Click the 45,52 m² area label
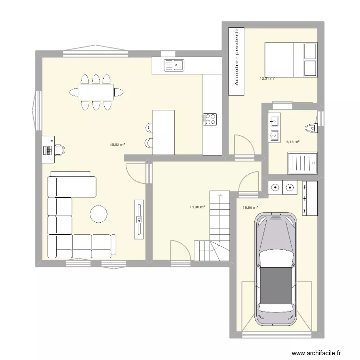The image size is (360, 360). (x=117, y=144)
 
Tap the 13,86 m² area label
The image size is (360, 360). (x=197, y=207)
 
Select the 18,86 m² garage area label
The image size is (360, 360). (x=251, y=208)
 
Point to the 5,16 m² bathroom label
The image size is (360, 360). (x=293, y=142)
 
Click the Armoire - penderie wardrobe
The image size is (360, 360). (x=236, y=57)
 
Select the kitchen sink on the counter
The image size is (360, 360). (x=174, y=65)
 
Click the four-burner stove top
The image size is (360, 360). (x=211, y=119)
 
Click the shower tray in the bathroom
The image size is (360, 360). (x=302, y=164)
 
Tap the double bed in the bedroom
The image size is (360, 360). (x=290, y=60)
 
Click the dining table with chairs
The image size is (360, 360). (x=96, y=92)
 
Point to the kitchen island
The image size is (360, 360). (x=163, y=132)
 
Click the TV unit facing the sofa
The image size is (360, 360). (x=139, y=219)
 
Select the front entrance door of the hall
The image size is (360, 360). (x=180, y=252)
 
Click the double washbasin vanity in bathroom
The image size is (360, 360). (x=275, y=128)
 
